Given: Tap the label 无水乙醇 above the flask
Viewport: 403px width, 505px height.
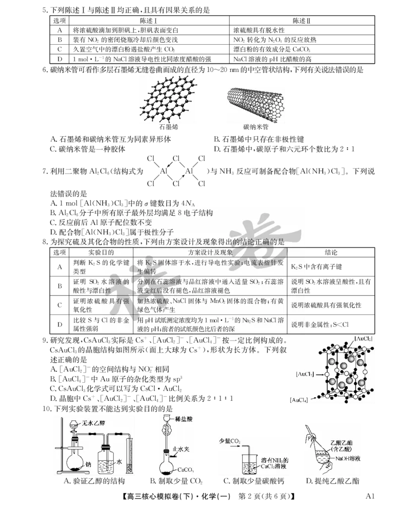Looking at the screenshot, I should pos(95,425).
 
